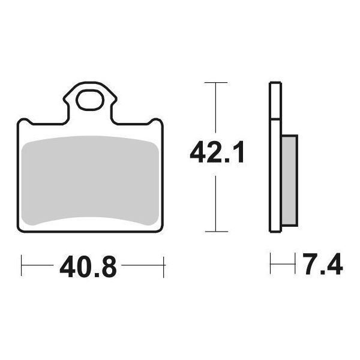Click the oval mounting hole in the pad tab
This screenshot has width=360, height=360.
tap(89, 100)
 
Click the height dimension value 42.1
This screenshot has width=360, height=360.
tap(217, 153)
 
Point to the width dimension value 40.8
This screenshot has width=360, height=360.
tap(88, 266)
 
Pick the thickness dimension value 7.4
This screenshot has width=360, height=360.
tap(322, 266)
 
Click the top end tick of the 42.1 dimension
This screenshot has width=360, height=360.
tap(215, 82)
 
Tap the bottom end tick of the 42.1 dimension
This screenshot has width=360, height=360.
tap(215, 232)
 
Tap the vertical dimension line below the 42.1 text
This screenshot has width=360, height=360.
tap(215, 201)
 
